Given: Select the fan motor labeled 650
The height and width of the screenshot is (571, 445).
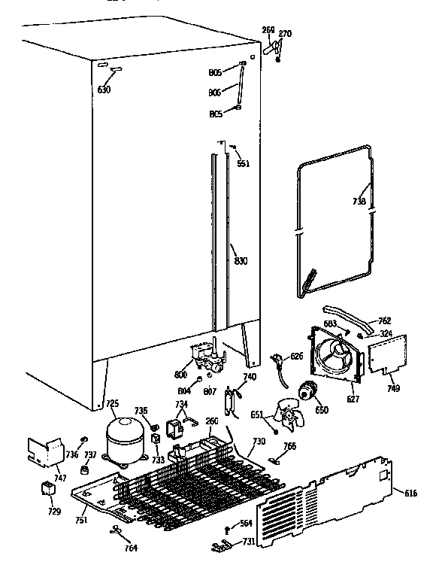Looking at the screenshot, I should pyautogui.click(x=306, y=390).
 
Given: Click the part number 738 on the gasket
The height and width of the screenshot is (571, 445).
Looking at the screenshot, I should pyautogui.click(x=359, y=202).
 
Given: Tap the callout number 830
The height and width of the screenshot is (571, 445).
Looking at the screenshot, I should pyautogui.click(x=240, y=261).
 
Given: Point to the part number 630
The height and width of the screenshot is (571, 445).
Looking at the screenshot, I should pyautogui.click(x=104, y=90).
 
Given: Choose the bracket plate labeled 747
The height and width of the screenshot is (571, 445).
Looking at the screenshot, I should pyautogui.click(x=44, y=453).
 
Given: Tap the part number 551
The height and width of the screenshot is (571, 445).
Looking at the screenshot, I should pyautogui.click(x=243, y=163).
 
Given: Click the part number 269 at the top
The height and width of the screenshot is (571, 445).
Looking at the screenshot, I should pyautogui.click(x=268, y=31).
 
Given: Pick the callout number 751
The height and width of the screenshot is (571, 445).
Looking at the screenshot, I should pyautogui.click(x=80, y=520).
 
